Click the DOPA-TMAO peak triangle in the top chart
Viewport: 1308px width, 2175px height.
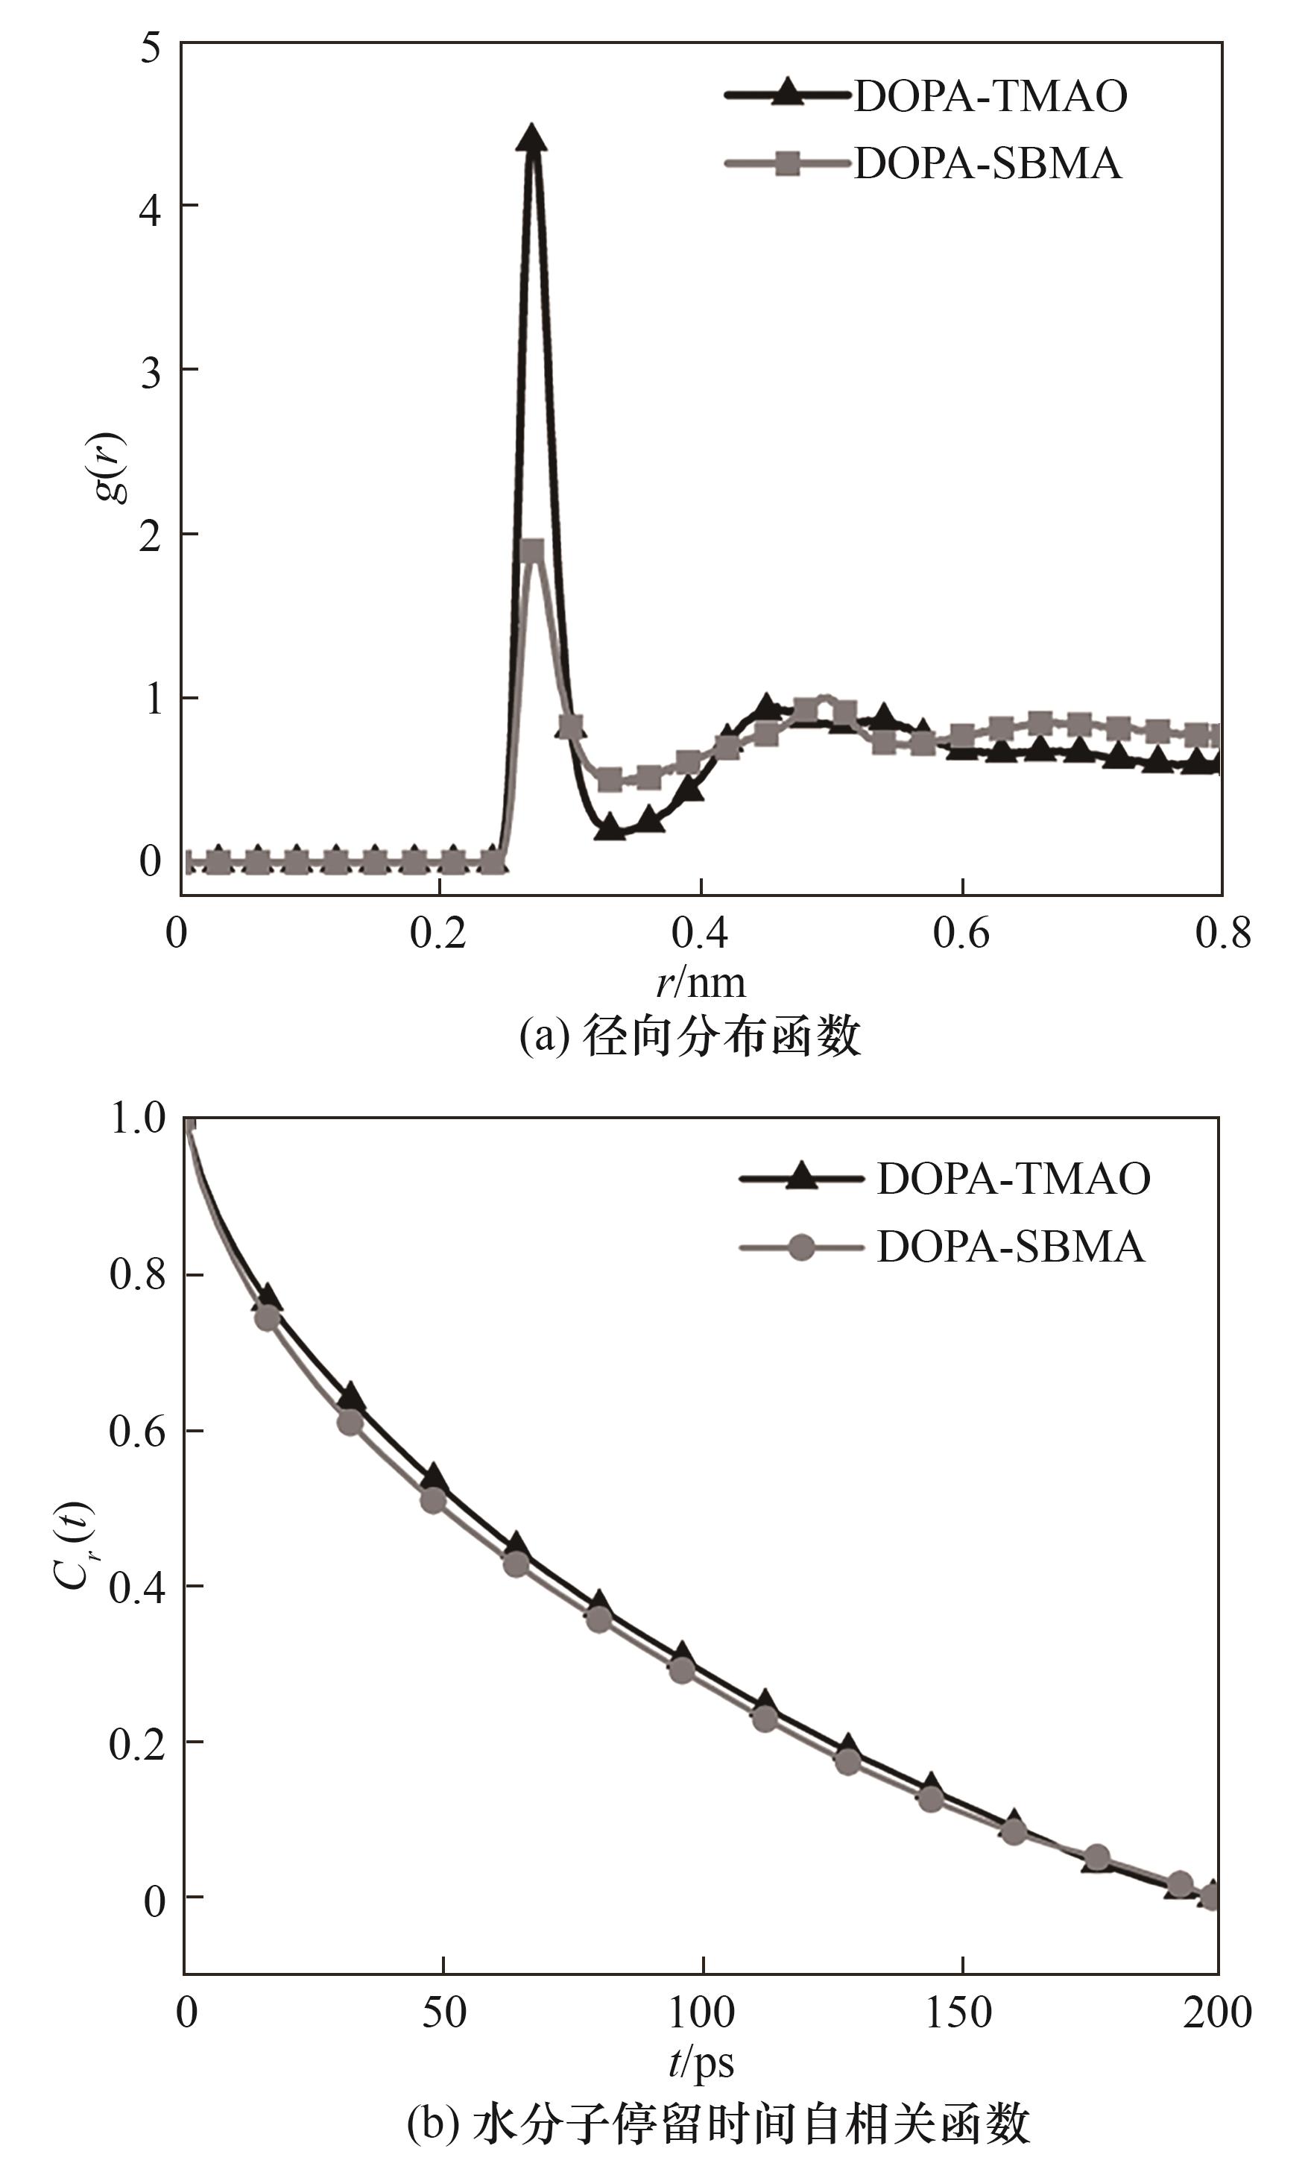coord(531,139)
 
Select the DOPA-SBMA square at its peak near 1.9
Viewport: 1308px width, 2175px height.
coord(531,552)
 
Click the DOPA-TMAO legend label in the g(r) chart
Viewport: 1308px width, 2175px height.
coord(990,96)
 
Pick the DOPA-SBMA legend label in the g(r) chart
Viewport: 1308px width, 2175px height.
coord(988,164)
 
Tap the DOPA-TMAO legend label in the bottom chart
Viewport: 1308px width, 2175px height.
coord(1013,1179)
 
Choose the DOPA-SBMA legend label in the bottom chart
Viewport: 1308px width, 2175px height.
coord(1010,1247)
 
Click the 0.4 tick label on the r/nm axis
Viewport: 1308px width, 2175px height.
coord(700,933)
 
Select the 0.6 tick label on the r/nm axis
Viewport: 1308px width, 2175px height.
coord(961,933)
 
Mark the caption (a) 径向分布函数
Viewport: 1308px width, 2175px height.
coord(689,1036)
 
